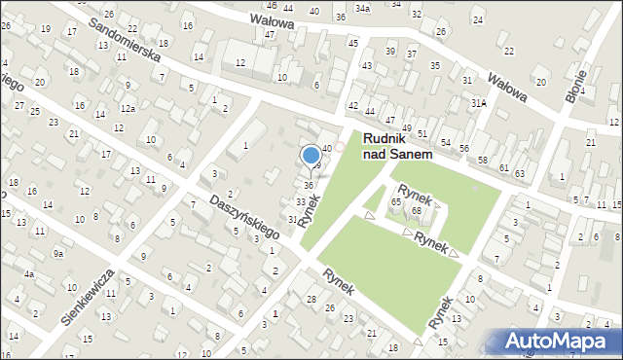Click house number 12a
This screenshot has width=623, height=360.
pyautogui.click(x=128, y=109)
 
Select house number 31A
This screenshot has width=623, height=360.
pyautogui.click(x=478, y=102)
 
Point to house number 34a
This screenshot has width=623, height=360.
pyautogui.click(x=362, y=8)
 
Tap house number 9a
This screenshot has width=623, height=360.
pyautogui.click(x=58, y=254)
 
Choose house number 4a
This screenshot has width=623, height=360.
pyautogui.click(x=30, y=274)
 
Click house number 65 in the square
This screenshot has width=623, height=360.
pyautogui.click(x=396, y=201)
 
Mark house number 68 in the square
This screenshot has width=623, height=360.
pyautogui.click(x=416, y=210)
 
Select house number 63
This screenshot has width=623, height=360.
pyautogui.click(x=519, y=173)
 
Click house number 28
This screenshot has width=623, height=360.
pyautogui.click(x=311, y=299)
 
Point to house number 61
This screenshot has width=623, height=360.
pyautogui.click(x=503, y=168)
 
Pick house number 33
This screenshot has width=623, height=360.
pyautogui.click(x=301, y=201)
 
